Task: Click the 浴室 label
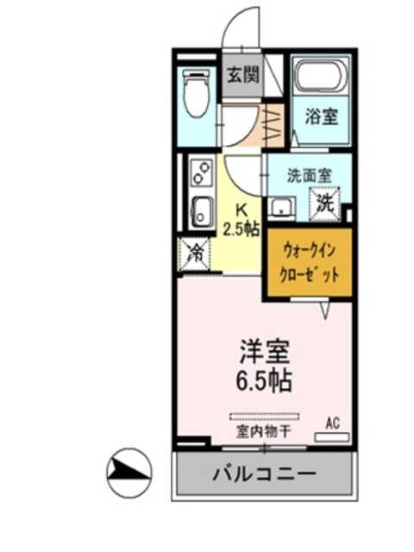322,117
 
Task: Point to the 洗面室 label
309,174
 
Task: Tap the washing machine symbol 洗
326,204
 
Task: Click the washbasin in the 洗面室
280,207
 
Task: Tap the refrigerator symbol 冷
196,254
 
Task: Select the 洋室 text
264,352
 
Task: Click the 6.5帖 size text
264,379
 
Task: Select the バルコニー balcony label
264,474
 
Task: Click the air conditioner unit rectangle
333,437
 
